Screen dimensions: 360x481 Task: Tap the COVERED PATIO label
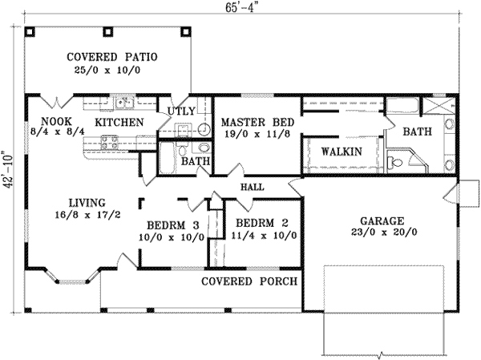coord(111,58)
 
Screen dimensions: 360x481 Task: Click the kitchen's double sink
coord(124,103)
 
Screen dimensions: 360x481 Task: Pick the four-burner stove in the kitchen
coord(110,142)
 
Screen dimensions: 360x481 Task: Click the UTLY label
coord(177,112)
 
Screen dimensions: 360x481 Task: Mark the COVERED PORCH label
coord(249,281)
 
